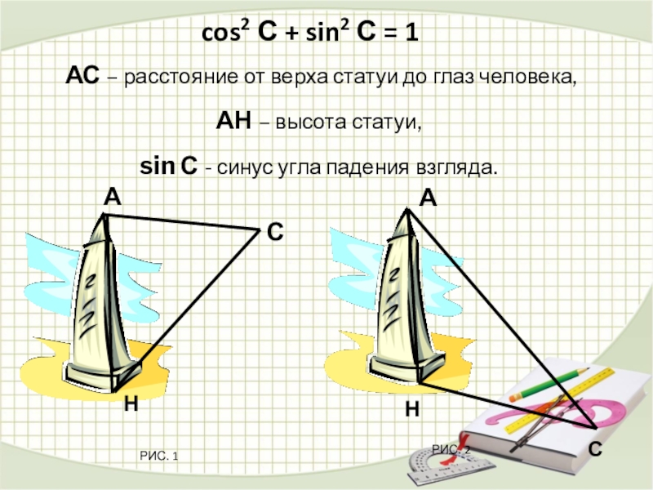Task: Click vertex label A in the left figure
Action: tap(111, 197)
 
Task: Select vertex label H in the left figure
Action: tap(131, 403)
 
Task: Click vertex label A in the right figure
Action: tap(429, 198)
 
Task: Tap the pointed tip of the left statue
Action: tap(104, 216)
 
